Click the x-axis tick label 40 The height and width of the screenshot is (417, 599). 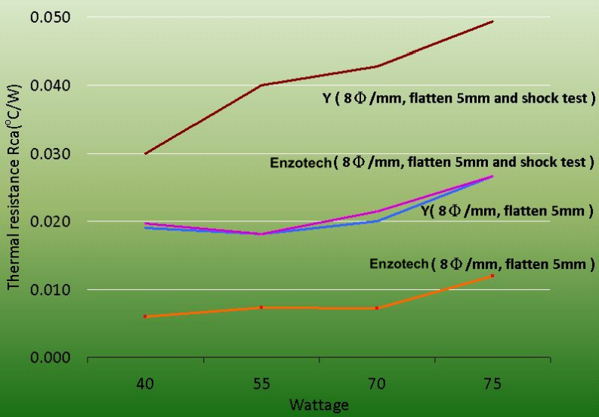click(x=146, y=385)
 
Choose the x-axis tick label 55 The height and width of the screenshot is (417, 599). click(x=261, y=385)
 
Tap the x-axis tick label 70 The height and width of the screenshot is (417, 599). click(x=377, y=385)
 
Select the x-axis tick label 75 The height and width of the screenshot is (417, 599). click(x=492, y=385)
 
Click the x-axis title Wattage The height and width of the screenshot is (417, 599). click(x=319, y=406)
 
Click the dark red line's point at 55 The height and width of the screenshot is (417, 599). click(x=261, y=85)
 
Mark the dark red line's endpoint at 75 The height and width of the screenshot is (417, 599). click(x=492, y=21)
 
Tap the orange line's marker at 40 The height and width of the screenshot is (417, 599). click(x=146, y=317)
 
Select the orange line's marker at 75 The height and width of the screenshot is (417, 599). click(x=492, y=276)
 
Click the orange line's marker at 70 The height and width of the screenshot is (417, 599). click(x=377, y=308)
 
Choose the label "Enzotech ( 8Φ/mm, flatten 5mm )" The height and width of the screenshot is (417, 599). click(x=483, y=264)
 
